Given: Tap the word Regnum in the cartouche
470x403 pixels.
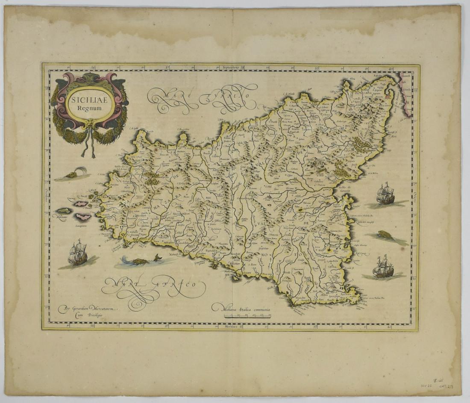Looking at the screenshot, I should (90, 108).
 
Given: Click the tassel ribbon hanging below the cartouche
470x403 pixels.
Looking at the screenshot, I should (89, 145).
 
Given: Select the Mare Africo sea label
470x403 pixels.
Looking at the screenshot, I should (154, 287).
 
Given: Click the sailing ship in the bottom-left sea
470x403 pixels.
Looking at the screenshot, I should (78, 253).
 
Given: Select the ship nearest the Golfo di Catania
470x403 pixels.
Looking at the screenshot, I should (385, 194).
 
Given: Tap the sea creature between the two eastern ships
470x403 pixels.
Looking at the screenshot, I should (386, 235).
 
